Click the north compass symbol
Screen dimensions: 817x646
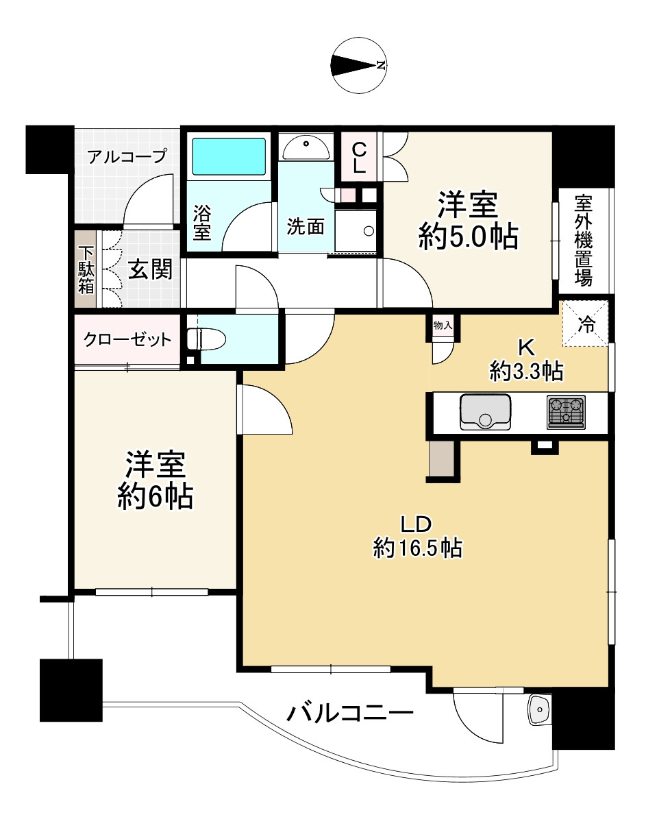[x=359, y=66]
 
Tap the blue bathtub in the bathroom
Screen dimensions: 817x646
[x=228, y=156]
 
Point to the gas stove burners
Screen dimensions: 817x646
[x=566, y=412]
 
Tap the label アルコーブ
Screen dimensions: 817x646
[x=127, y=156]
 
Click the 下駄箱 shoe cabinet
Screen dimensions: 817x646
[x=86, y=269]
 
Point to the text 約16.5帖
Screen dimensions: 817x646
[x=416, y=548]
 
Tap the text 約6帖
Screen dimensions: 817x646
[x=154, y=496]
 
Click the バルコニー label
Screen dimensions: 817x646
[x=349, y=716]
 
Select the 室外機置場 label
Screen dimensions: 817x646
[x=583, y=241]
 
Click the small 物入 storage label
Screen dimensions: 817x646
[x=443, y=326]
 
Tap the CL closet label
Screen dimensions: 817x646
[x=359, y=157]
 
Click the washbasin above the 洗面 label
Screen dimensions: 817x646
[x=305, y=145]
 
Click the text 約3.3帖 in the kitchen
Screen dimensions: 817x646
[x=526, y=371]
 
